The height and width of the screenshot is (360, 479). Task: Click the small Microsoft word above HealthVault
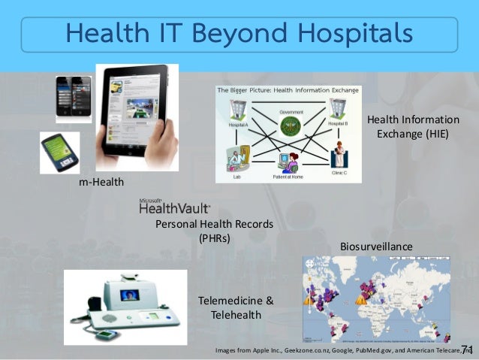tap(151, 201)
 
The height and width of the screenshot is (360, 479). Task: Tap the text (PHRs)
tap(214, 238)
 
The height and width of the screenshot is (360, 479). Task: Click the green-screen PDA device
tap(59, 151)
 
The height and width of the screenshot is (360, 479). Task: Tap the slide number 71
tap(467, 349)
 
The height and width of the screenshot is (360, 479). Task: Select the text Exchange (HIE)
tap(412, 134)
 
